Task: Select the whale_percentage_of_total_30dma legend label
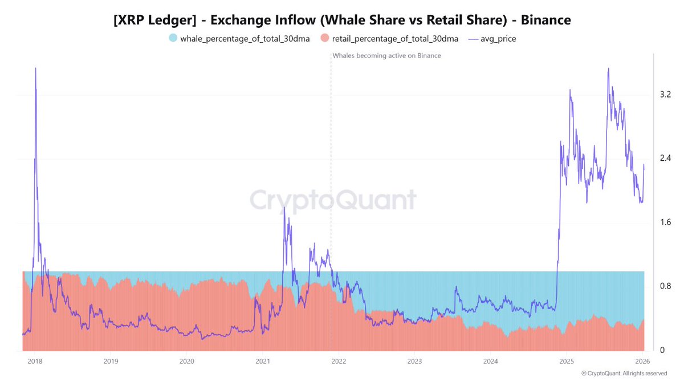point(245,39)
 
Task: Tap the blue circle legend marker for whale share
point(173,39)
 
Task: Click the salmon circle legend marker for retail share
point(325,39)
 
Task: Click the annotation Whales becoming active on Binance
point(386,55)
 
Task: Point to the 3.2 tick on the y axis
point(665,94)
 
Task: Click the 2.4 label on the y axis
point(665,158)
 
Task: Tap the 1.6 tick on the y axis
point(665,222)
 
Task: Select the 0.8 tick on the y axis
point(665,286)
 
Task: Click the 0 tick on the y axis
point(662,350)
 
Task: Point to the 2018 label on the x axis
point(35,361)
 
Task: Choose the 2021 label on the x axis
point(263,361)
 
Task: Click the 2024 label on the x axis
point(491,361)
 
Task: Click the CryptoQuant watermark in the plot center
point(333,201)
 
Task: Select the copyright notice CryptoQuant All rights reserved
point(624,374)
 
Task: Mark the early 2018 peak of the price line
point(35,68)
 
